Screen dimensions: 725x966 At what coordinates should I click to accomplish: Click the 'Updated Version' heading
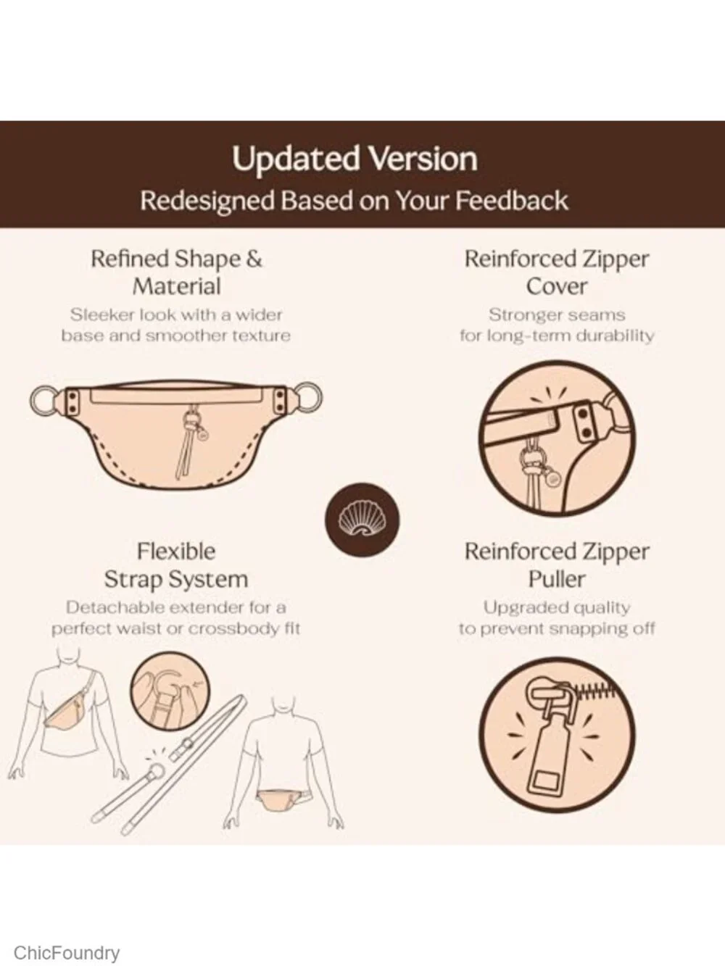pos(355,159)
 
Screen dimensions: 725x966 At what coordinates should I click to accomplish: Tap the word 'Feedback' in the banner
pos(512,201)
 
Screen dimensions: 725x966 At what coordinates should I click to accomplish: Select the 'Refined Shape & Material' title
pos(176,272)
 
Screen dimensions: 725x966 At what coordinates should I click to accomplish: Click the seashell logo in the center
pos(362,520)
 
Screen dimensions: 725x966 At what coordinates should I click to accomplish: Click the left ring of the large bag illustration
pos(44,400)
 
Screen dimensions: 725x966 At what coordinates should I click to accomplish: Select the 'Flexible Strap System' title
pos(176,565)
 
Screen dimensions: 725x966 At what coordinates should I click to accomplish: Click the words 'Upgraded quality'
pos(557,607)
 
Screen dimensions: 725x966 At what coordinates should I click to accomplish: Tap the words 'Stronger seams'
pos(557,315)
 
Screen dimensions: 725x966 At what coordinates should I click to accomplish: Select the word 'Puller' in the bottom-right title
pos(557,579)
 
